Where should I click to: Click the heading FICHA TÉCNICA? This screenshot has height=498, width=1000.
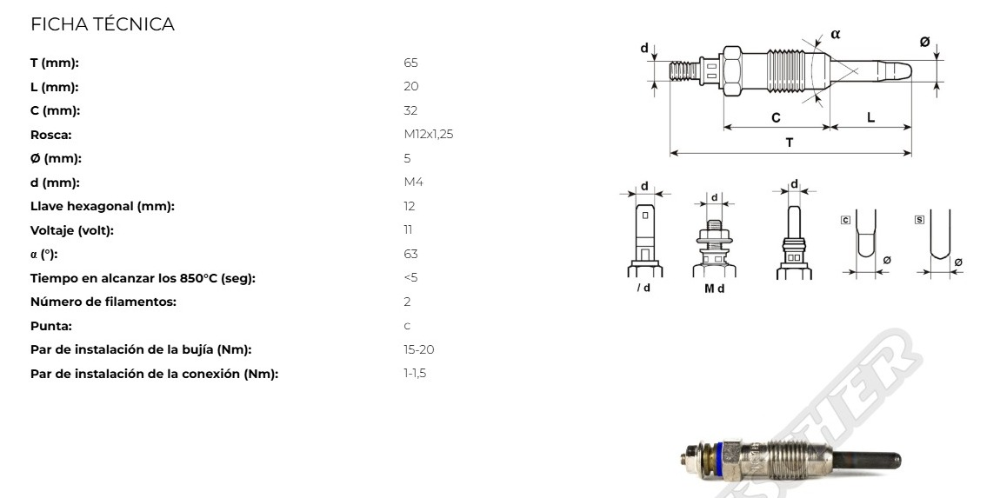point(102,24)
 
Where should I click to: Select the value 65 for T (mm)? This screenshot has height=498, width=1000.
point(410,63)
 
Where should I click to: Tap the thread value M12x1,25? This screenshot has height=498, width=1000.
point(429,135)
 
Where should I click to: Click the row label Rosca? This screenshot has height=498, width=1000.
point(51,135)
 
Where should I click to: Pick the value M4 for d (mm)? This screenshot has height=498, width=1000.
point(413,183)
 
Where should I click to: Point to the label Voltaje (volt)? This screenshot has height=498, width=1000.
point(72,230)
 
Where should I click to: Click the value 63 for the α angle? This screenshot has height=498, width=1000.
point(410,254)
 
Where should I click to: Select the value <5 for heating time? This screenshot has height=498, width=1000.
point(410,278)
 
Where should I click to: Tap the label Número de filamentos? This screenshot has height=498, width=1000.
point(103,302)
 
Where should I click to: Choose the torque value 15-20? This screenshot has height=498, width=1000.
point(419,349)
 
